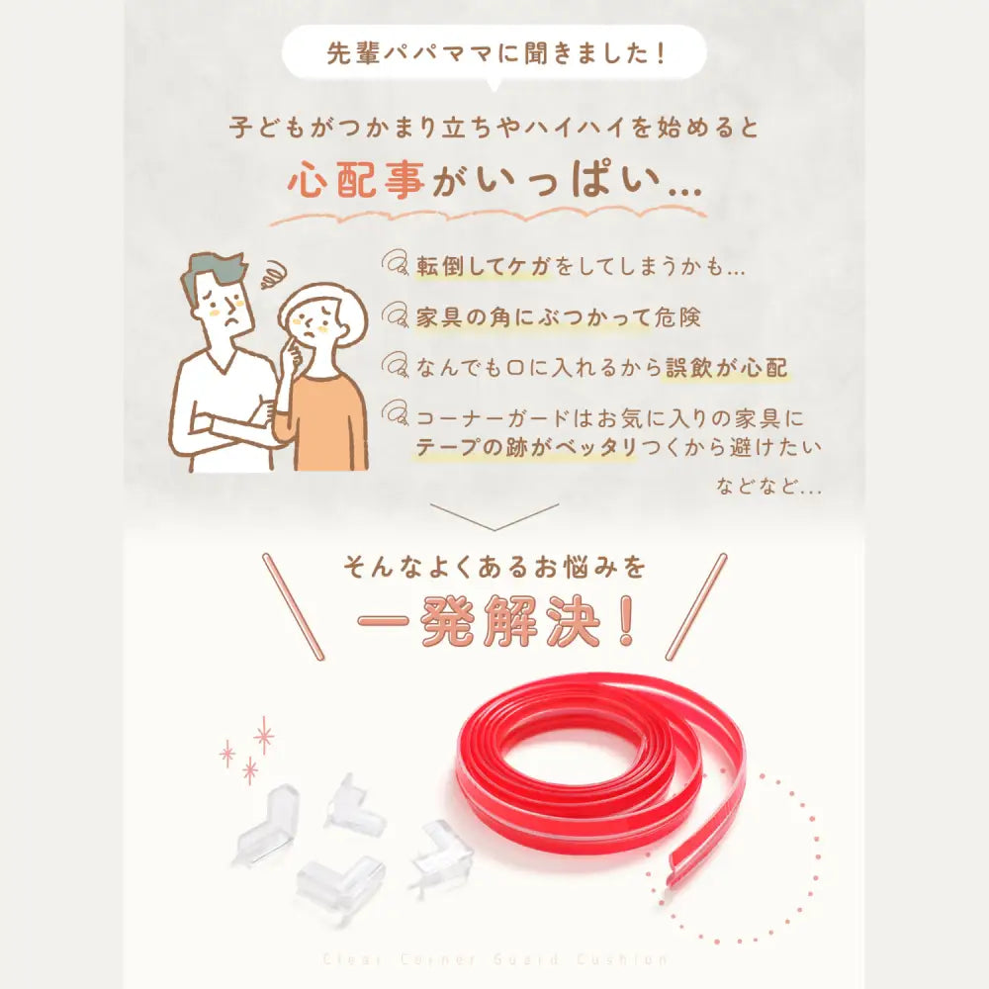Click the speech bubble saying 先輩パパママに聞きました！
click(x=494, y=53)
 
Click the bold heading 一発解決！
click(x=494, y=625)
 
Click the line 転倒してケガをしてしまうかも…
click(x=580, y=268)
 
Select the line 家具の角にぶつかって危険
click(x=559, y=318)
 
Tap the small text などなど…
click(x=769, y=487)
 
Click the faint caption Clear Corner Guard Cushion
click(x=494, y=959)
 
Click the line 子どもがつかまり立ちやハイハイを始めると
click(x=494, y=128)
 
